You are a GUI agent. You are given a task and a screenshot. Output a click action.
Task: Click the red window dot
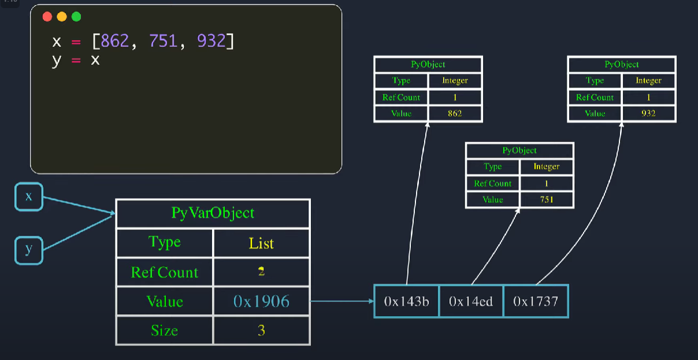47,17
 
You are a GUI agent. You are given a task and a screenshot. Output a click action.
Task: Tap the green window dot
76,17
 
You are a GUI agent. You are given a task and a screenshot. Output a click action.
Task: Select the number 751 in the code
164,41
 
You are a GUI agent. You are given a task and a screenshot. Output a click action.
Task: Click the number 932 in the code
211,41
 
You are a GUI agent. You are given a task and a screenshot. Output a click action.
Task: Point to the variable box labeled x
29,196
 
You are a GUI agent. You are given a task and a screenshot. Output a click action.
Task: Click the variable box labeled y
29,251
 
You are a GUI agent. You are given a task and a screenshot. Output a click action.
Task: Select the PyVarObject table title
213,213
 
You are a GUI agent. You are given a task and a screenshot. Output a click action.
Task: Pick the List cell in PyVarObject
261,243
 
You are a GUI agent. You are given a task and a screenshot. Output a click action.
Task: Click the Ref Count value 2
261,272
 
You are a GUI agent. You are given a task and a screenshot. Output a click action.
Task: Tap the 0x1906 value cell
261,301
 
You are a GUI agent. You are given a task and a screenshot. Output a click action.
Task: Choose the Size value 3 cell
261,331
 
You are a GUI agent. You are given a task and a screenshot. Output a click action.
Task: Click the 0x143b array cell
406,301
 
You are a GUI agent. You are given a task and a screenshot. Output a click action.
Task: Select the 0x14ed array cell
471,301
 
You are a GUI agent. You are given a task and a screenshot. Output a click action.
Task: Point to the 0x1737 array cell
536,301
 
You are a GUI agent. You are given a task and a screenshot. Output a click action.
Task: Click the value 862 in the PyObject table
455,113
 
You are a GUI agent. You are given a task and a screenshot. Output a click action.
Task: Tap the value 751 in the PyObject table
547,199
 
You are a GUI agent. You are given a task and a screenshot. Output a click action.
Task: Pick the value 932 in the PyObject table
648,113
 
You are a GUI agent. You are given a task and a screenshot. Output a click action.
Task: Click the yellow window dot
62,17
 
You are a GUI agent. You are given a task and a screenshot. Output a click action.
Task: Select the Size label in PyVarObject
165,331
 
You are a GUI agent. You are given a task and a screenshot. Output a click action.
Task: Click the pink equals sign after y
76,61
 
